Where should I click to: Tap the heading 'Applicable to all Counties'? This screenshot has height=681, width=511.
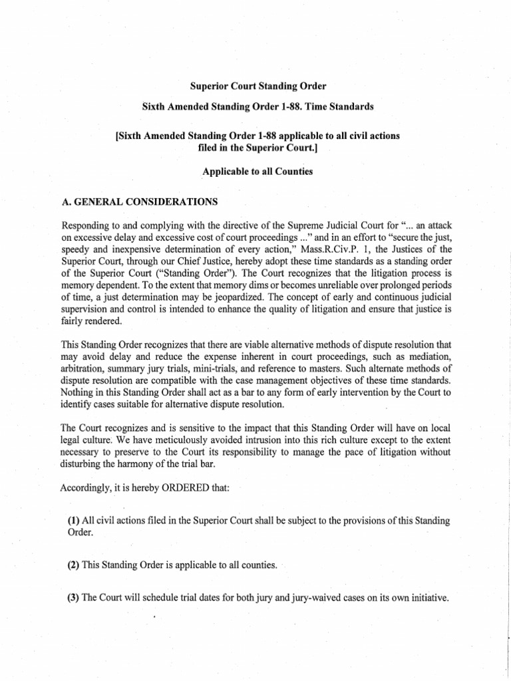[x=257, y=171]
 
